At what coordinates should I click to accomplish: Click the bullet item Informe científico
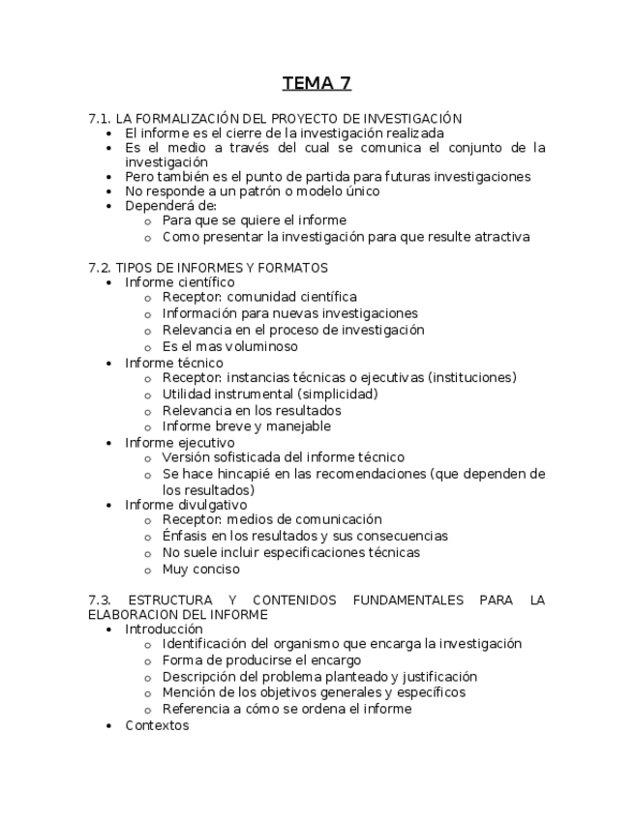tap(179, 282)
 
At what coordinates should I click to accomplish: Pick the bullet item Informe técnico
tap(173, 363)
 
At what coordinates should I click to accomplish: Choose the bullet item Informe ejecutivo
tap(179, 443)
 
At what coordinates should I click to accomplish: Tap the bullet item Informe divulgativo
tap(186, 504)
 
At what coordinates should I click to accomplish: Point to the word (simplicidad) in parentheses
tap(338, 395)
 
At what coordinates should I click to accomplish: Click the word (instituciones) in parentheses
tap(472, 378)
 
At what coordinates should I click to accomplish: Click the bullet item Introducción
tap(164, 629)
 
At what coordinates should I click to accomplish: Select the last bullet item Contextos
tap(157, 725)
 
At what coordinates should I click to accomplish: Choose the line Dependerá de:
tap(170, 205)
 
